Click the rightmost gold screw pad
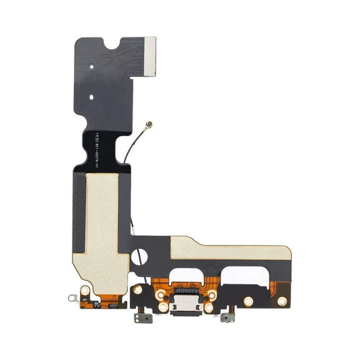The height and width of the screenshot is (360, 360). [282, 301]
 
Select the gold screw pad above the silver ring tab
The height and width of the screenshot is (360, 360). [86, 289]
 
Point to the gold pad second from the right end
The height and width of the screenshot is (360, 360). [248, 301]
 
